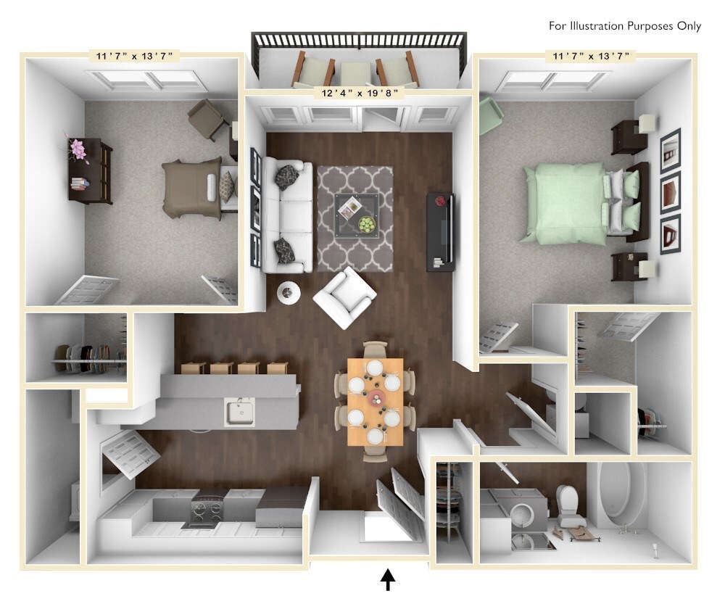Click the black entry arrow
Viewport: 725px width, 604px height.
coord(388,579)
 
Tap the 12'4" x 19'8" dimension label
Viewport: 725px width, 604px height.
coord(359,93)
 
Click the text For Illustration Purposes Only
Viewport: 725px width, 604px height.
coord(624,26)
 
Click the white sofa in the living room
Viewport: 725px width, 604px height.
coord(288,217)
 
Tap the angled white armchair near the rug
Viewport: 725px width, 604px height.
coord(344,297)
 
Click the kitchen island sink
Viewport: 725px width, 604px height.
coord(239,413)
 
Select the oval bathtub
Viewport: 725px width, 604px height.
coord(622,495)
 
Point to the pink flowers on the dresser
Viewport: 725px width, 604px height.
coord(77,150)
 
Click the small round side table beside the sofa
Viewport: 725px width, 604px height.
coord(289,292)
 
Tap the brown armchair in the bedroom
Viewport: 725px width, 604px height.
coord(207,119)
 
